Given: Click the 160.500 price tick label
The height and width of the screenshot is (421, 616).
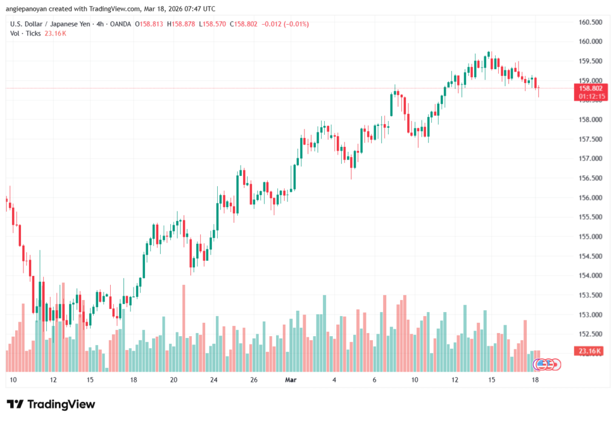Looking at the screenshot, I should click(590, 22).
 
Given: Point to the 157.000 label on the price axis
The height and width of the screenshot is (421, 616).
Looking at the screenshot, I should click(590, 158).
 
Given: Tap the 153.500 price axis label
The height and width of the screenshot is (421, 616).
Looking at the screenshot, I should click(590, 295).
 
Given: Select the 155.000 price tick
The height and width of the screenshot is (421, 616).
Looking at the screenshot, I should click(590, 237).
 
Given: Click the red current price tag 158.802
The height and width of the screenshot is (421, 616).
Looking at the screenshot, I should click(591, 88).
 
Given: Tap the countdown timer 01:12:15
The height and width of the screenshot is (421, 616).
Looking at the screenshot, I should click(591, 96).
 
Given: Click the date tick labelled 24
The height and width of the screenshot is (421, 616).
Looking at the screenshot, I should click(214, 380).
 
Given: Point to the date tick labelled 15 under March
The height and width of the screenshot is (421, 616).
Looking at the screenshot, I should click(491, 380).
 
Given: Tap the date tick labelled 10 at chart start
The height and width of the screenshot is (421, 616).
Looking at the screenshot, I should click(13, 380).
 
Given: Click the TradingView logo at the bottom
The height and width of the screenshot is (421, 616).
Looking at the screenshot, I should click(51, 404).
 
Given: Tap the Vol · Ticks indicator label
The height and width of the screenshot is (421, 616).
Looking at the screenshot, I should click(25, 33).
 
